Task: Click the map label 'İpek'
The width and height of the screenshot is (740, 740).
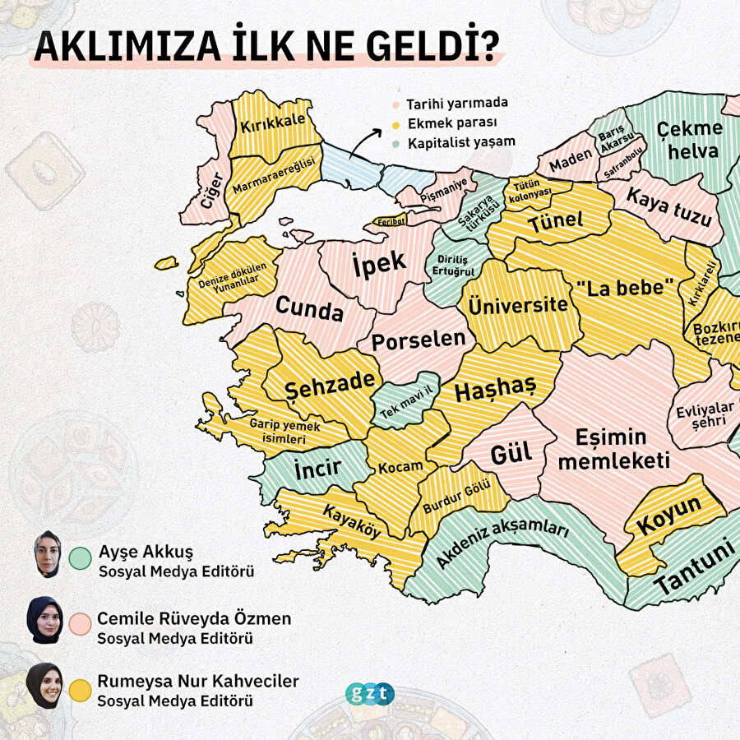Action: [379, 263]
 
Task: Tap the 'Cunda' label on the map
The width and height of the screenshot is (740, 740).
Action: [309, 310]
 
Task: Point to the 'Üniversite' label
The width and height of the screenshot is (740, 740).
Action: [518, 305]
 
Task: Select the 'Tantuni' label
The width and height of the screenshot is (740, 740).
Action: [695, 572]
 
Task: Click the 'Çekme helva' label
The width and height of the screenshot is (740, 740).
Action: [689, 140]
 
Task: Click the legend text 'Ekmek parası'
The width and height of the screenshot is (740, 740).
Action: [445, 123]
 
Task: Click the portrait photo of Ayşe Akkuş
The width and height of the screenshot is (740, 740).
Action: [47, 554]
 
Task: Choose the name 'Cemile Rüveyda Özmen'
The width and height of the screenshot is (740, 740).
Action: [194, 618]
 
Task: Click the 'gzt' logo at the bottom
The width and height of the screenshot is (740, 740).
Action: [370, 694]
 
